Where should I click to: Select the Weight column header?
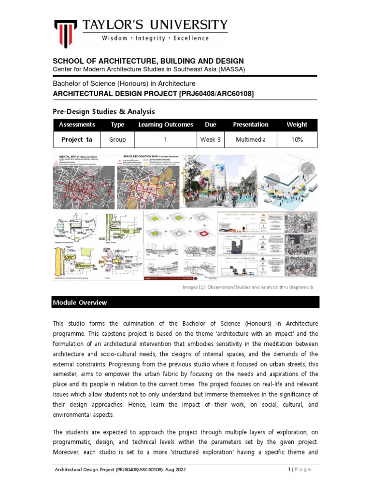click(296, 124)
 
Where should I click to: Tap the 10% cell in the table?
click(296, 139)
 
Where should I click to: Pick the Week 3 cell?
click(210, 139)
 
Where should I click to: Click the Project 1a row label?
click(76, 139)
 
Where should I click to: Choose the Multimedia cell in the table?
click(250, 139)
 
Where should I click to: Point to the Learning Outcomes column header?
click(166, 124)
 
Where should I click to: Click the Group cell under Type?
click(117, 139)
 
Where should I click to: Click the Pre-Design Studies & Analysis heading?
click(103, 111)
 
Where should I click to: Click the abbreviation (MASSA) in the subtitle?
click(231, 69)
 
